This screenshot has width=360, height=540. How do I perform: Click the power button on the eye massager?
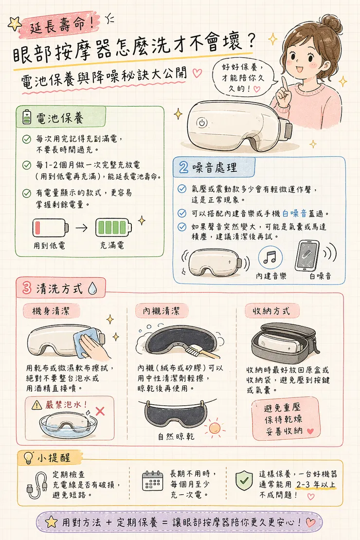(201, 123)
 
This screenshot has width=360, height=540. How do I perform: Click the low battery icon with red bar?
(49, 228)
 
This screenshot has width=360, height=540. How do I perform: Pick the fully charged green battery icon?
(112, 228)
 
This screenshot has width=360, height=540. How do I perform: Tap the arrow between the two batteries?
(81, 228)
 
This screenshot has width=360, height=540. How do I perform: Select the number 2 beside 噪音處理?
(184, 168)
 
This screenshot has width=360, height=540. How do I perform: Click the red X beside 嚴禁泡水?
(100, 411)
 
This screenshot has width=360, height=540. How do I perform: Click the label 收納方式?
(270, 310)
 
